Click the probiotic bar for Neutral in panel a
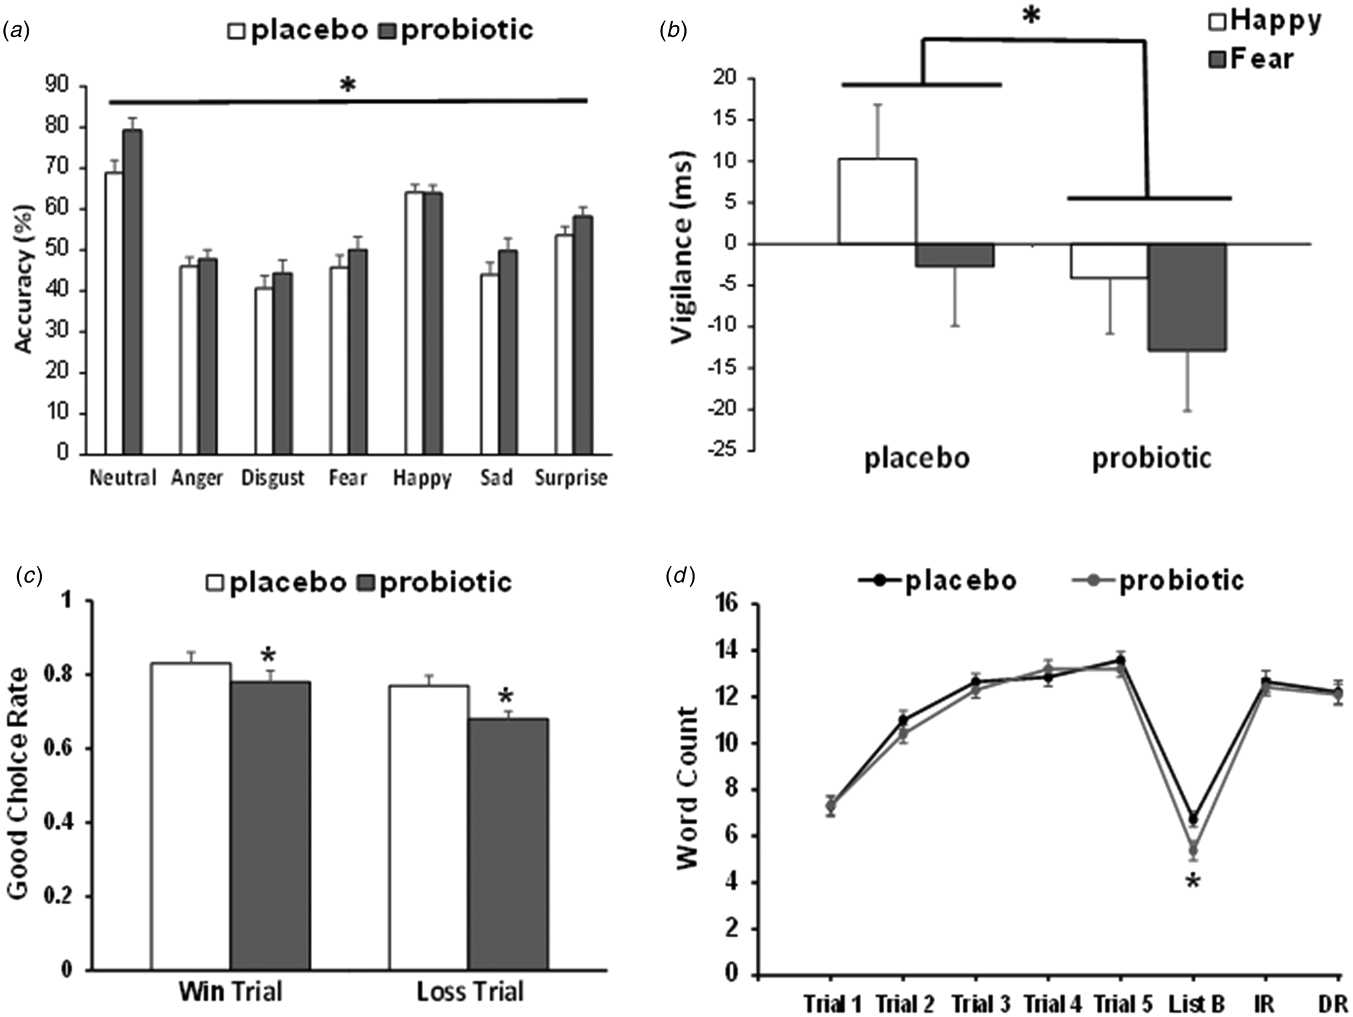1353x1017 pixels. tap(133, 291)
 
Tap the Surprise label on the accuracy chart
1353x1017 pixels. tap(571, 479)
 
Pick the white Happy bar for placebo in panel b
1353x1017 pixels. tap(877, 201)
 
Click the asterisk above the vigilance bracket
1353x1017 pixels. tap(1031, 16)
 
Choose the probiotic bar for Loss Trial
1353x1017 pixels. tap(508, 844)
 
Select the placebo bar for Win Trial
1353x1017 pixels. tap(191, 816)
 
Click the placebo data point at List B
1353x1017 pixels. tap(1193, 819)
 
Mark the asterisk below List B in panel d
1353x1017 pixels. tap(1193, 883)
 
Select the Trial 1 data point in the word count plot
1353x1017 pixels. tap(831, 805)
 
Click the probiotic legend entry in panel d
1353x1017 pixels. tap(1159, 579)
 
